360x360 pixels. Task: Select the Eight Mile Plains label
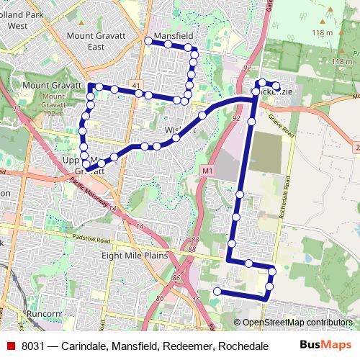pos(135,256)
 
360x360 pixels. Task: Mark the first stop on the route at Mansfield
pos(149,42)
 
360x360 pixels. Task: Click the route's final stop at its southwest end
pos(217,291)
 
